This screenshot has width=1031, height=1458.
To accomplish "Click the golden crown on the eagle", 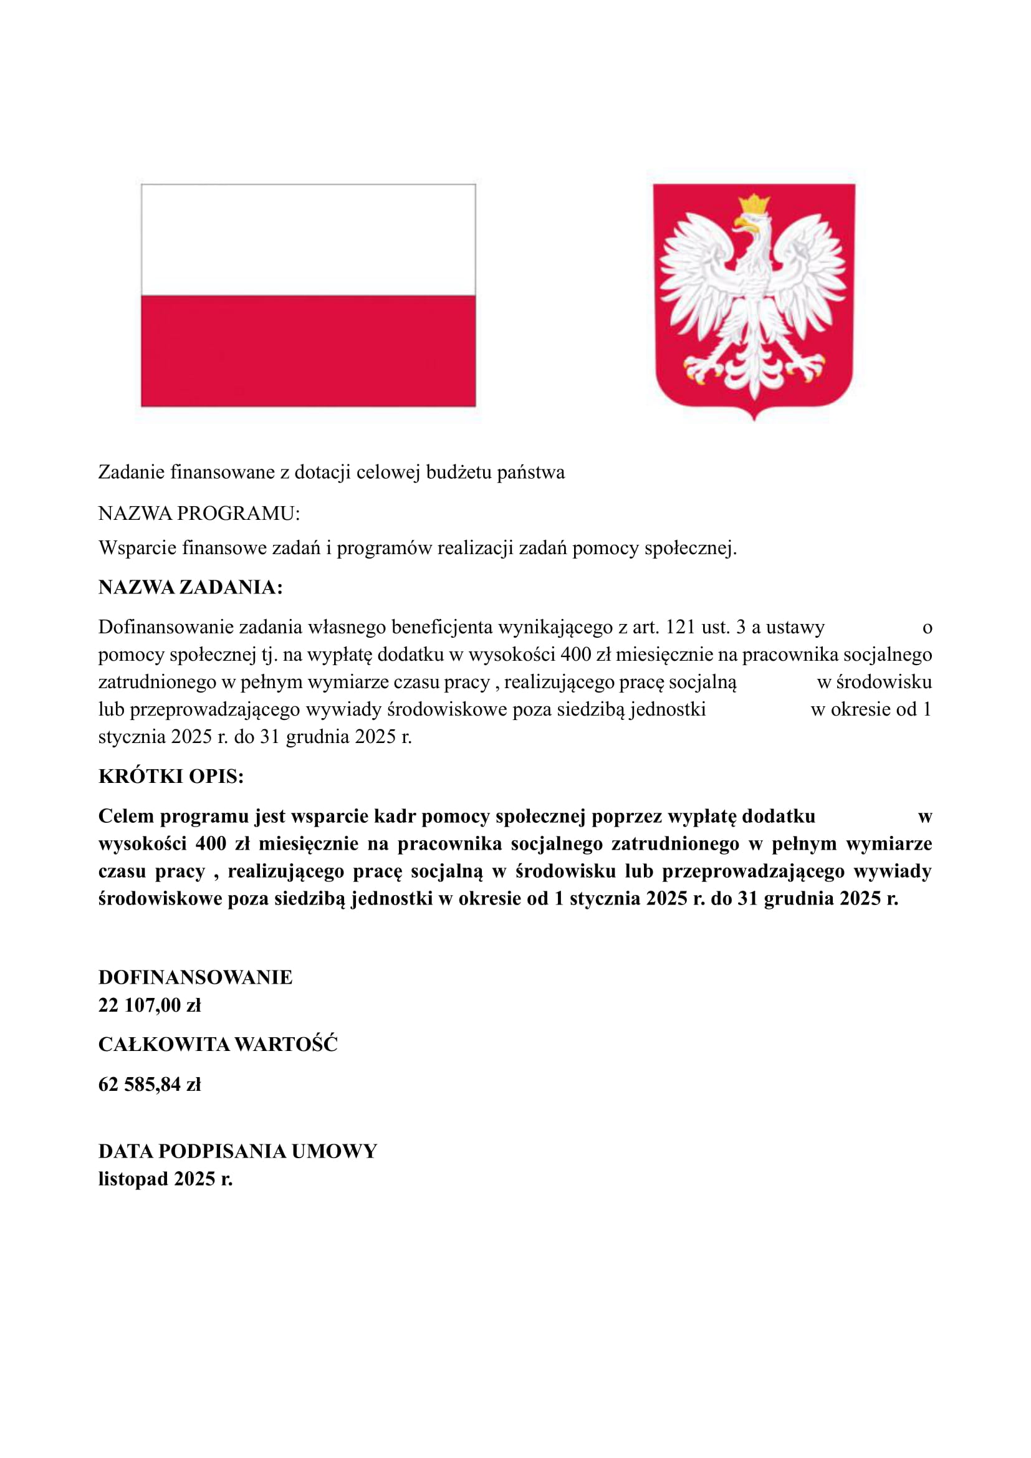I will point(754,204).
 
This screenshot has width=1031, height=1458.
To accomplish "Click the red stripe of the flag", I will point(308,350).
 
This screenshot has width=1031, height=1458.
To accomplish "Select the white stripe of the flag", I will point(308,240).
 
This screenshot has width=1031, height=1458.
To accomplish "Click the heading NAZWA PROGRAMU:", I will point(199,514).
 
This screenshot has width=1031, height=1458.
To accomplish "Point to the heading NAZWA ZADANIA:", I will point(191,587).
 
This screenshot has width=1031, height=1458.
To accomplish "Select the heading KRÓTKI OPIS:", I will point(171,777).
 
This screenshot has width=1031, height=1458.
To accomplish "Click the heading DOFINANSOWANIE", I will point(196,977).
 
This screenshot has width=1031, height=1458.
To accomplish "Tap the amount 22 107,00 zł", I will point(150,1005).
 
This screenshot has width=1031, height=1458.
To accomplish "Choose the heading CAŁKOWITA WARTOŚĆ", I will point(218,1045).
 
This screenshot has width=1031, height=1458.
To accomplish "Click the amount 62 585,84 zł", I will point(150,1085).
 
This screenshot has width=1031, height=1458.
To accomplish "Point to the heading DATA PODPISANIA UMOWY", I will point(237,1151).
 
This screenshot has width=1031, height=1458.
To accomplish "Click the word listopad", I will point(133,1179).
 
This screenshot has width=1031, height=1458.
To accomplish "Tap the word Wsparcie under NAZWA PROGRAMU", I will point(137,547).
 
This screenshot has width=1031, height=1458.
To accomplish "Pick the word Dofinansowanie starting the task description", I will point(165,628).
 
